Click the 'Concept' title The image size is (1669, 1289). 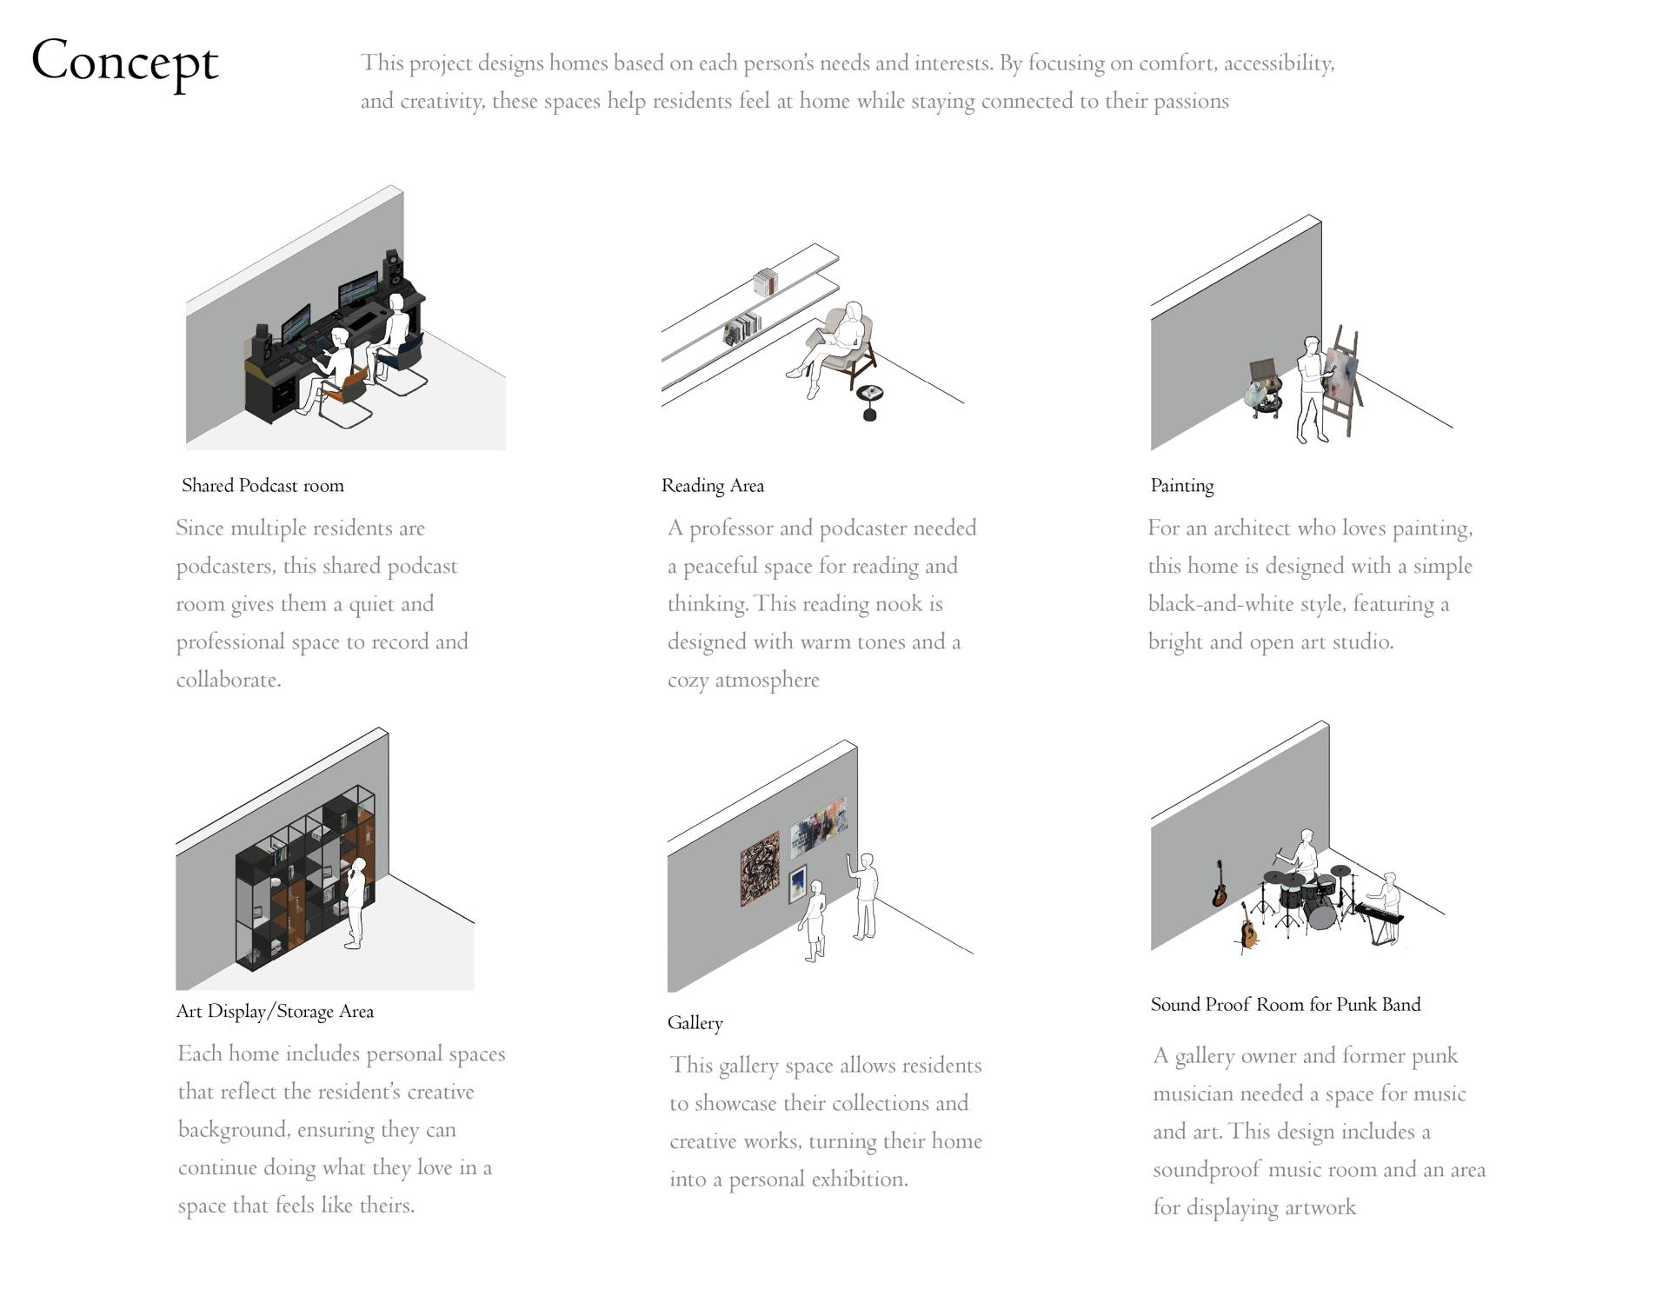[125, 63]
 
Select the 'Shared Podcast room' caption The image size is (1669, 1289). [263, 486]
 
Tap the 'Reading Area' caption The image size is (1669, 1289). [713, 486]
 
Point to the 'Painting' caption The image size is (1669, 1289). [1182, 486]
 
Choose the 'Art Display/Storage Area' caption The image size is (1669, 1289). [275, 1012]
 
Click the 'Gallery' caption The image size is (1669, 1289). [695, 1023]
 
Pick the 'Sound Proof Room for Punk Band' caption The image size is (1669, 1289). [1286, 1005]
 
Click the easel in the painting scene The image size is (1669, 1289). [1342, 382]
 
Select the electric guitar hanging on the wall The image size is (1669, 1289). [1220, 884]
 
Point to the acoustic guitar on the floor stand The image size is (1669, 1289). [1248, 927]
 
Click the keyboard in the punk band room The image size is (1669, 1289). [1379, 914]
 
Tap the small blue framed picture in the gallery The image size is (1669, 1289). [797, 885]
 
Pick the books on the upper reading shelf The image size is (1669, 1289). [765, 282]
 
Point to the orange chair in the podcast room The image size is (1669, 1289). [348, 395]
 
